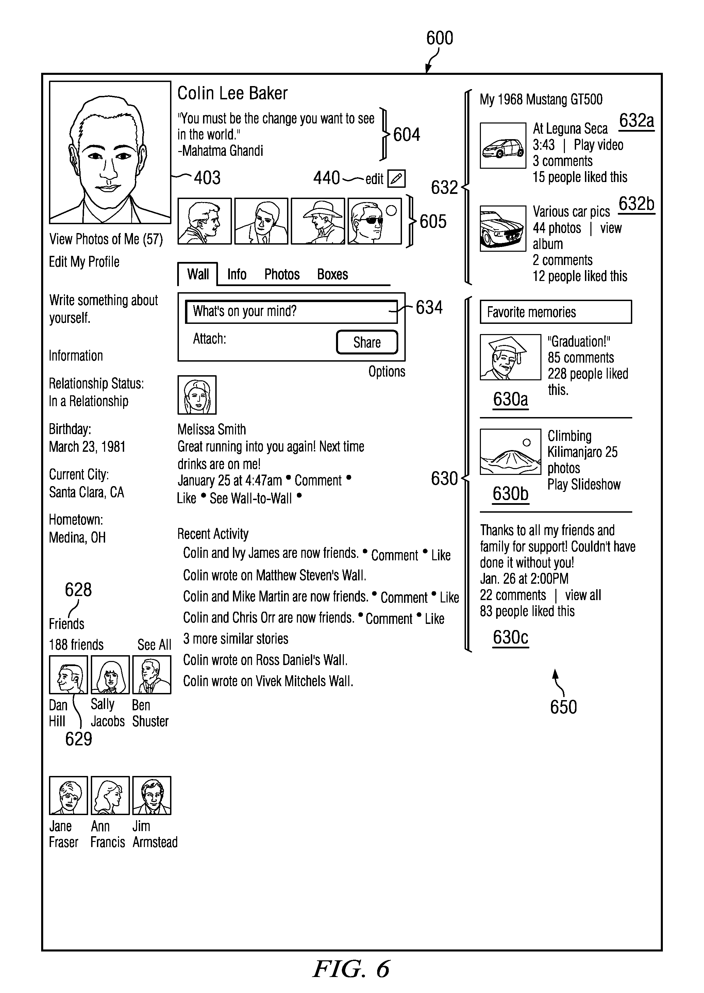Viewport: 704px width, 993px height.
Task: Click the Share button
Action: point(367,342)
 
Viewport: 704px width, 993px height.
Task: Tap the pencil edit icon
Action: point(396,178)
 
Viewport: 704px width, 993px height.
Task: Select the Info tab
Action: point(237,274)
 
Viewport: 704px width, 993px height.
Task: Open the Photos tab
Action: point(282,274)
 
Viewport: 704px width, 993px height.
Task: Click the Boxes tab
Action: point(333,274)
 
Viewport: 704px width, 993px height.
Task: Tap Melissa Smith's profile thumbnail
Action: point(197,395)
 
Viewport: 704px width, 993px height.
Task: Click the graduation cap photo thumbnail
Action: point(510,357)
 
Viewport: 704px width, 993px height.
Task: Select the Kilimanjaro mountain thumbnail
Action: point(510,451)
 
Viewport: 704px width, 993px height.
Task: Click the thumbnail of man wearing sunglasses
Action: point(374,221)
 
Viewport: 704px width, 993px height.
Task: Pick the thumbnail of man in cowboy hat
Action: point(318,221)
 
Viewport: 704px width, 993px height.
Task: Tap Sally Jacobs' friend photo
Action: point(110,674)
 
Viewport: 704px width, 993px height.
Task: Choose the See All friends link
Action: point(154,645)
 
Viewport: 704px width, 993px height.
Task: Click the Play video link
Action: point(598,145)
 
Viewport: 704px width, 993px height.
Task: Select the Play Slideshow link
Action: point(584,484)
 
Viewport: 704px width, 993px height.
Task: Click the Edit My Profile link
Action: point(84,262)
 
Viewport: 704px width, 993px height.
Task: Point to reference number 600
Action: point(439,38)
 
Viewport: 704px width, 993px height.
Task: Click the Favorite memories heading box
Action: point(555,312)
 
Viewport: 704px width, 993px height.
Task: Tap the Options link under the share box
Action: point(387,371)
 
